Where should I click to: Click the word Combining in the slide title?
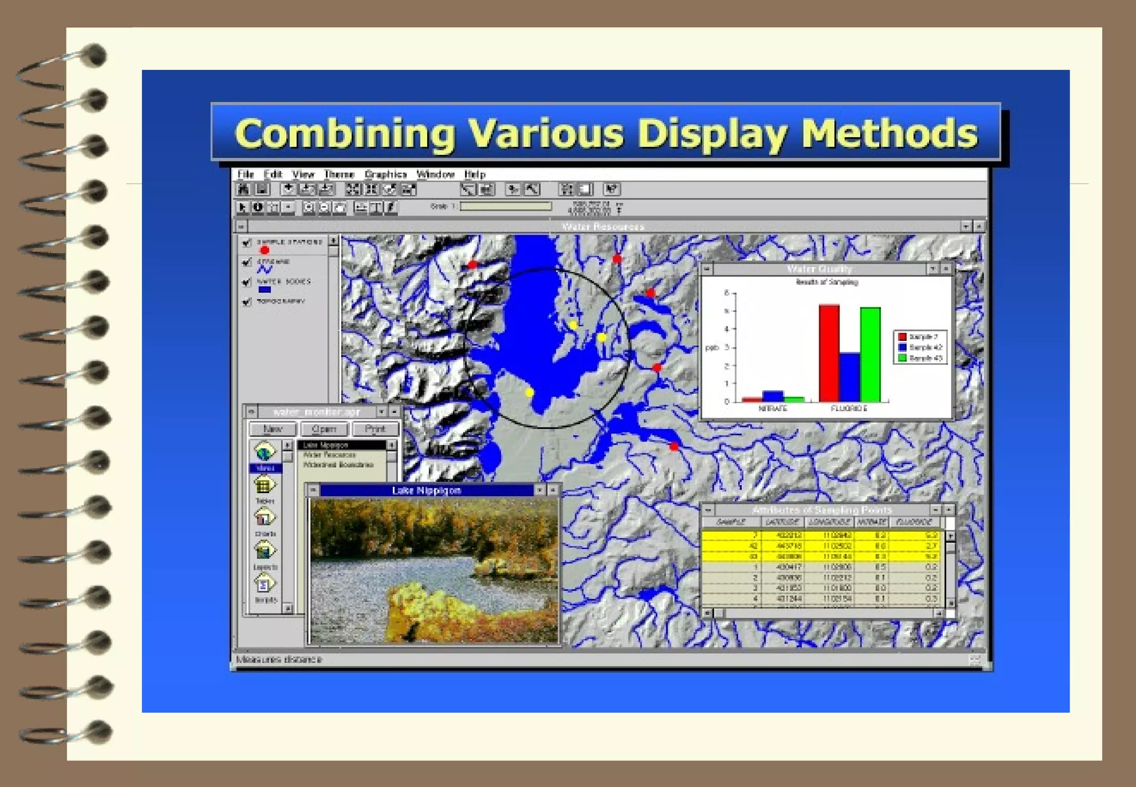tap(344, 134)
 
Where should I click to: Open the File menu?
tap(245, 174)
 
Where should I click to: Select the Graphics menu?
tap(386, 174)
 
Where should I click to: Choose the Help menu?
tap(475, 174)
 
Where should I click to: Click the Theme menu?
tap(339, 174)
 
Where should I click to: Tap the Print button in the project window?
tap(375, 429)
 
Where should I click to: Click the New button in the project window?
tap(272, 429)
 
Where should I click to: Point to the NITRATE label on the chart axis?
tap(773, 408)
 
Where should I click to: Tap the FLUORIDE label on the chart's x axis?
tap(849, 408)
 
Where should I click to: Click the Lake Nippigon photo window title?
tap(426, 491)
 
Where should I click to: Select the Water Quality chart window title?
tap(819, 269)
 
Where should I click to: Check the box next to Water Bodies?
tap(247, 282)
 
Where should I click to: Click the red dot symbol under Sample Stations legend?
tap(265, 251)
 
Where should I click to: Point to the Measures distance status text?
tap(279, 659)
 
